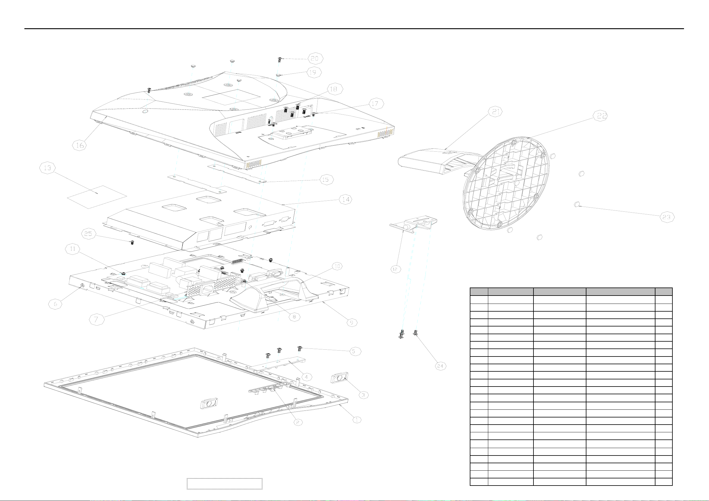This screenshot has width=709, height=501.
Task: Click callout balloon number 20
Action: pos(315,58)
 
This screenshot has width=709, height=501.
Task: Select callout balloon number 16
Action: pos(80,145)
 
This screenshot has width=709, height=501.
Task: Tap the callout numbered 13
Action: pos(48,168)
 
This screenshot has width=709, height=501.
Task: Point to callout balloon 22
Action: pos(601,115)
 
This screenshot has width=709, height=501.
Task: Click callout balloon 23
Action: pos(667,217)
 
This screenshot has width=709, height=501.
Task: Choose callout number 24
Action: pos(440,366)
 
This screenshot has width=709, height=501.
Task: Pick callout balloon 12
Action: pos(395,269)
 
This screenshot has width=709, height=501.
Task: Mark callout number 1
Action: pos(357,420)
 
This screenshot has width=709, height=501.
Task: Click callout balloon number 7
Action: pos(96,320)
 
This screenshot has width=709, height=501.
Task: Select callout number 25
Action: pos(88,233)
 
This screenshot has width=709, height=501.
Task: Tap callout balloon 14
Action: pos(346,200)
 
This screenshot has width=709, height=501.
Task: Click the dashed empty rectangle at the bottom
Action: pos(225,483)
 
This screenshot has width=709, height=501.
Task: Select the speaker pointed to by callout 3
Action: pos(339,378)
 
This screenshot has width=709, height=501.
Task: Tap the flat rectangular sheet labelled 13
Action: pos(97,197)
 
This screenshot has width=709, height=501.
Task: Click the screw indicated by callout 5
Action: pos(299,348)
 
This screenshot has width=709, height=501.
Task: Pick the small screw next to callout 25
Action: pos(132,243)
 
